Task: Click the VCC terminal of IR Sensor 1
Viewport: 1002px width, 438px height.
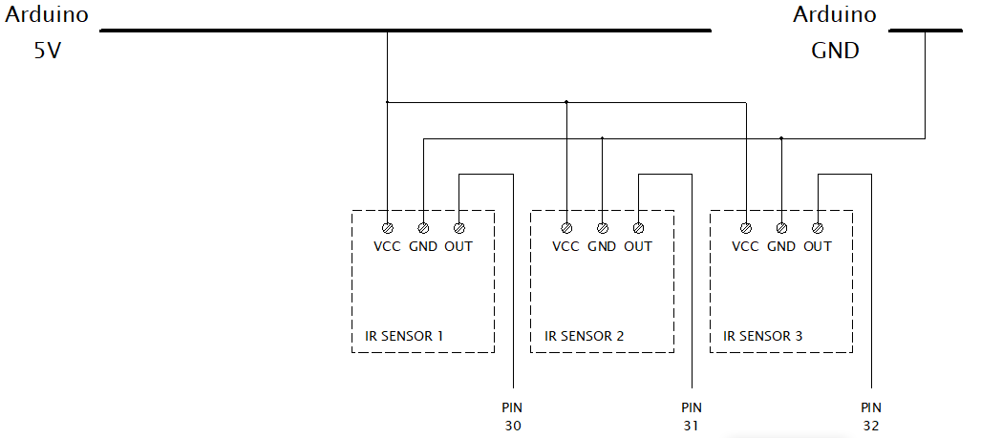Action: [x=387, y=228]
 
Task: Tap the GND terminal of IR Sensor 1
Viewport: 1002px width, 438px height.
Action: [x=423, y=228]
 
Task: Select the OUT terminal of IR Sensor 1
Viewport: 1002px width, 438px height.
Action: [x=459, y=228]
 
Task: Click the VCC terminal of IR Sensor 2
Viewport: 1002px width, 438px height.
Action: [x=566, y=228]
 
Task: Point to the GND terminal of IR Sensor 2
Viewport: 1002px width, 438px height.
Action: [x=602, y=228]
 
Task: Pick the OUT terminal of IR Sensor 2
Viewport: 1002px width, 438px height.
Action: [x=638, y=228]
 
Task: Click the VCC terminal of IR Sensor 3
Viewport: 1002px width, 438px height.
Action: [x=746, y=228]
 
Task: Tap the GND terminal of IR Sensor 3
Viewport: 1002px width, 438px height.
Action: [x=781, y=228]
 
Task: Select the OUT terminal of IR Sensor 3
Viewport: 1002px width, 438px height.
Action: [x=818, y=228]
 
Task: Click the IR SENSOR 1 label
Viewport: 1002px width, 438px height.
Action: [x=404, y=336]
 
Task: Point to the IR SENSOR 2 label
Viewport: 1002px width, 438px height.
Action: [x=584, y=336]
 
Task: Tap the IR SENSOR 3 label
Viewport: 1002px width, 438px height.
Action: [x=763, y=336]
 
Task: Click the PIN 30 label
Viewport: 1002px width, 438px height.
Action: [x=513, y=417]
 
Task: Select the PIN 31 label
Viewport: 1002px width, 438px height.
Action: [x=692, y=417]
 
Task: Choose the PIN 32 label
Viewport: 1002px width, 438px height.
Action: [x=871, y=417]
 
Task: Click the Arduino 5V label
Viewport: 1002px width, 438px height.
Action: [x=48, y=32]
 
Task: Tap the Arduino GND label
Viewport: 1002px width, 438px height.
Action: [x=835, y=32]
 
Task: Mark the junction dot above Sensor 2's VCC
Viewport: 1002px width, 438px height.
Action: [x=566, y=101]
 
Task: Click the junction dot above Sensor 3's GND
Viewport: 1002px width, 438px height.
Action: [x=781, y=138]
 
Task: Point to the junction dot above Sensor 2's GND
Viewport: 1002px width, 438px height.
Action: [x=602, y=138]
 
